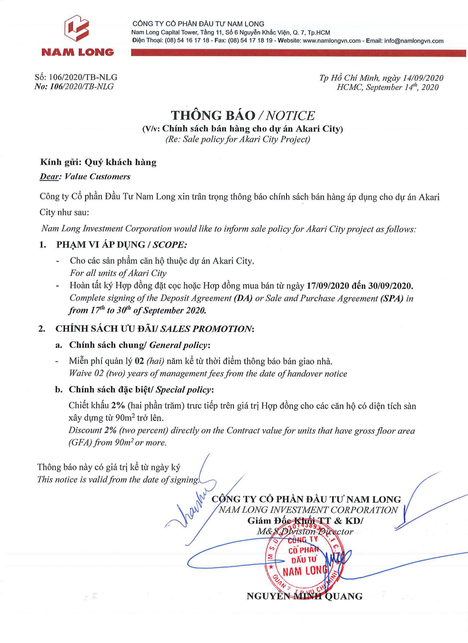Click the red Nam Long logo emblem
(x=77, y=29)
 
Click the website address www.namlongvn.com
(x=332, y=41)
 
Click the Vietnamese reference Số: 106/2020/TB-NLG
(x=76, y=77)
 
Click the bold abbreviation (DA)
(x=243, y=298)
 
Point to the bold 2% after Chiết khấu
(x=118, y=406)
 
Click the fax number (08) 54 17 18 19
(x=250, y=41)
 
